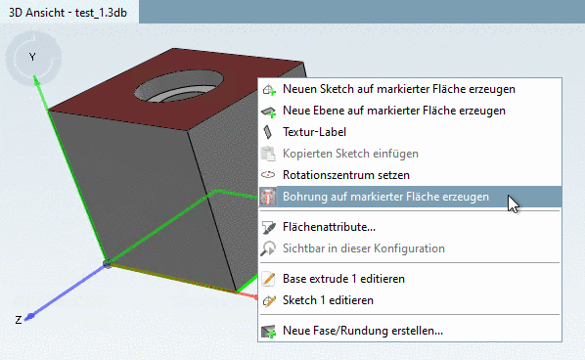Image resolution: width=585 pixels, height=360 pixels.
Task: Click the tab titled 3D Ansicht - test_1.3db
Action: coord(67,13)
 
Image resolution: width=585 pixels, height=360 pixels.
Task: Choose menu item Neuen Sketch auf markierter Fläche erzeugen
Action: coord(398,89)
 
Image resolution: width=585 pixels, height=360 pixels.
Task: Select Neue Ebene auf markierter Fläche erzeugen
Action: coord(393,111)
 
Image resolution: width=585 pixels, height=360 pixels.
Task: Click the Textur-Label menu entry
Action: coord(314,132)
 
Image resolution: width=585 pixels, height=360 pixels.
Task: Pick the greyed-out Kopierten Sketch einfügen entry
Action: coord(350,154)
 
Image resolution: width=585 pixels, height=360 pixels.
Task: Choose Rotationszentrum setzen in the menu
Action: coord(339,175)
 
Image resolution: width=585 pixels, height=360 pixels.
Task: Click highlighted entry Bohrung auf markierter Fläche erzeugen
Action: coord(385,197)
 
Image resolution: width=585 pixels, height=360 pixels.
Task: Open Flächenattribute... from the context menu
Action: coord(329,227)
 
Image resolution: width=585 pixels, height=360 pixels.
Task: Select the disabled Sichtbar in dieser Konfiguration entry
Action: coord(363,248)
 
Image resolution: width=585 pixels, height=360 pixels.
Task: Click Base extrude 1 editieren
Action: coord(343,279)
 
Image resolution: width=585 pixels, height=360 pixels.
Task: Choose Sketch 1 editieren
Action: coord(328,300)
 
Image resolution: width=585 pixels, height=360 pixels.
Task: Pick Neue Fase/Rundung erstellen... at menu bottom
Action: coord(362,331)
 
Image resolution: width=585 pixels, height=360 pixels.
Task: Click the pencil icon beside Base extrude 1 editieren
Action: coord(269,279)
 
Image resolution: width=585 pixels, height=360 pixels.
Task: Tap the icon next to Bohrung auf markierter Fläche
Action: coord(269,197)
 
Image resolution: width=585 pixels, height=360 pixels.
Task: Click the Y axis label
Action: coord(32,58)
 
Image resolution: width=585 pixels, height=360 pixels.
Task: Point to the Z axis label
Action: coord(18,320)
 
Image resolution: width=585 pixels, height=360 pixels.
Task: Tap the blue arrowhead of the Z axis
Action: coord(31,315)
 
